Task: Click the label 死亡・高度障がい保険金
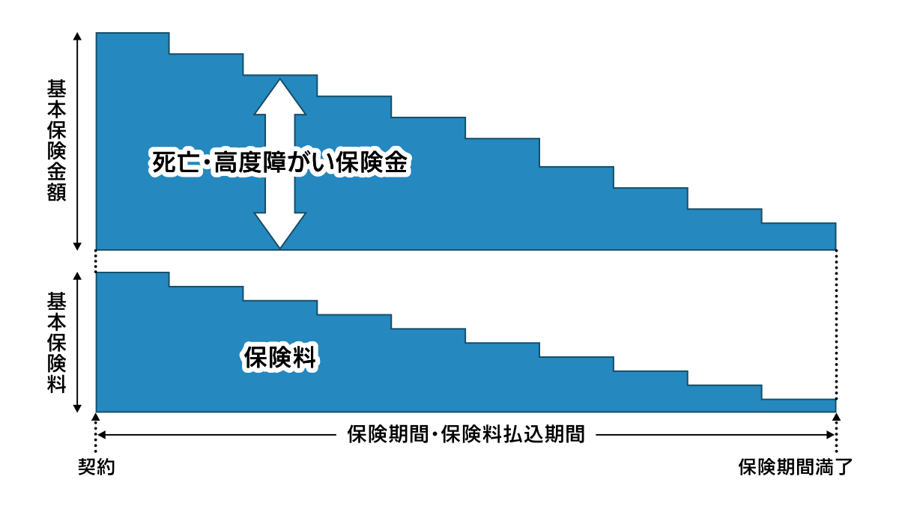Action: pyautogui.click(x=279, y=162)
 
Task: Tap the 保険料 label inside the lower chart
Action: pyautogui.click(x=279, y=357)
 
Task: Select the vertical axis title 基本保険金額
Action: pyautogui.click(x=57, y=140)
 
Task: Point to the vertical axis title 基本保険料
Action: pyautogui.click(x=57, y=343)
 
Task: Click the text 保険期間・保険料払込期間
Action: pyautogui.click(x=465, y=434)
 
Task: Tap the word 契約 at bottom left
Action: pyautogui.click(x=97, y=467)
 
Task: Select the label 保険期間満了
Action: pyautogui.click(x=795, y=467)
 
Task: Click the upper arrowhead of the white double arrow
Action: pyautogui.click(x=279, y=97)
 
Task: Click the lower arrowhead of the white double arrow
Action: pyautogui.click(x=279, y=231)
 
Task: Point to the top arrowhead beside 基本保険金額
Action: pyautogui.click(x=77, y=37)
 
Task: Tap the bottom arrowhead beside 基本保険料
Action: pyautogui.click(x=77, y=408)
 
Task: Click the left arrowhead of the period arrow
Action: pyautogui.click(x=102, y=435)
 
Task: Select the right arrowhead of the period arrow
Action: pyautogui.click(x=830, y=435)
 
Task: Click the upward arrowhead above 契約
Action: pyautogui.click(x=96, y=417)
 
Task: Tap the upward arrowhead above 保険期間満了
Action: pyautogui.click(x=836, y=417)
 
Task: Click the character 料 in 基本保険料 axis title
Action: pyautogui.click(x=57, y=384)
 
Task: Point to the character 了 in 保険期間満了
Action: pyautogui.click(x=842, y=467)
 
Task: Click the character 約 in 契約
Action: pyautogui.click(x=106, y=467)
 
